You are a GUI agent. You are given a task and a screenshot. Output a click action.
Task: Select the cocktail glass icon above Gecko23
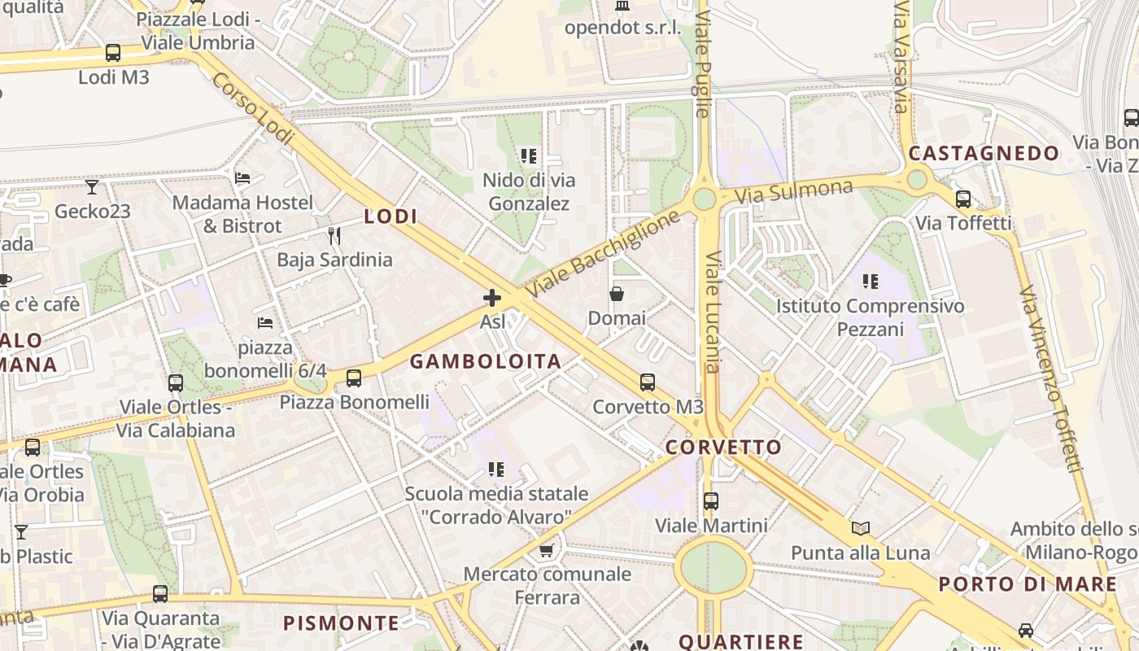(91, 187)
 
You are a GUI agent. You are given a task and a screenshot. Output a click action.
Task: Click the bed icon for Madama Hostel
(242, 177)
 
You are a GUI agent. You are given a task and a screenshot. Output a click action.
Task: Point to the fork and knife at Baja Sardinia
(334, 236)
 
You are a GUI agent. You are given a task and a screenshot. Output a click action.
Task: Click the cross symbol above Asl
(491, 298)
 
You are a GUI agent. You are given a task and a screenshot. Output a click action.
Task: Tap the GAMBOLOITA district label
(486, 362)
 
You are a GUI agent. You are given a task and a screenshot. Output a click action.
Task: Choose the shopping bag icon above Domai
(617, 294)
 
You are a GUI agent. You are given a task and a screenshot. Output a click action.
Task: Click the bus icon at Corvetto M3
(648, 382)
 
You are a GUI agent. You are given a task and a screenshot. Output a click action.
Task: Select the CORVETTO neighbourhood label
(723, 448)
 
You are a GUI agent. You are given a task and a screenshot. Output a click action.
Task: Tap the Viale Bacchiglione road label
(602, 253)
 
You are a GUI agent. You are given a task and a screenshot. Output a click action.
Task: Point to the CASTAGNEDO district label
(984, 154)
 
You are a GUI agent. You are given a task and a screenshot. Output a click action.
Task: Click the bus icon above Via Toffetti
(963, 199)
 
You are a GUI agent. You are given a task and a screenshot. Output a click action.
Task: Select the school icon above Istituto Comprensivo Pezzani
(871, 282)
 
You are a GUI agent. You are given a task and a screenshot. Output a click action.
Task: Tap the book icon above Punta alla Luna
(861, 529)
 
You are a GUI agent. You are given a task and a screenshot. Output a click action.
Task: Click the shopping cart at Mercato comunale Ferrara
(546, 550)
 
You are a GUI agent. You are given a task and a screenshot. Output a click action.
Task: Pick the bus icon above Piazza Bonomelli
(354, 378)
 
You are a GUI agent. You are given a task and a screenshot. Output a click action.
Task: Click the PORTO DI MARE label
(1028, 584)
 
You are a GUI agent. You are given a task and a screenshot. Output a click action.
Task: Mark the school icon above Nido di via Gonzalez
(529, 155)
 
